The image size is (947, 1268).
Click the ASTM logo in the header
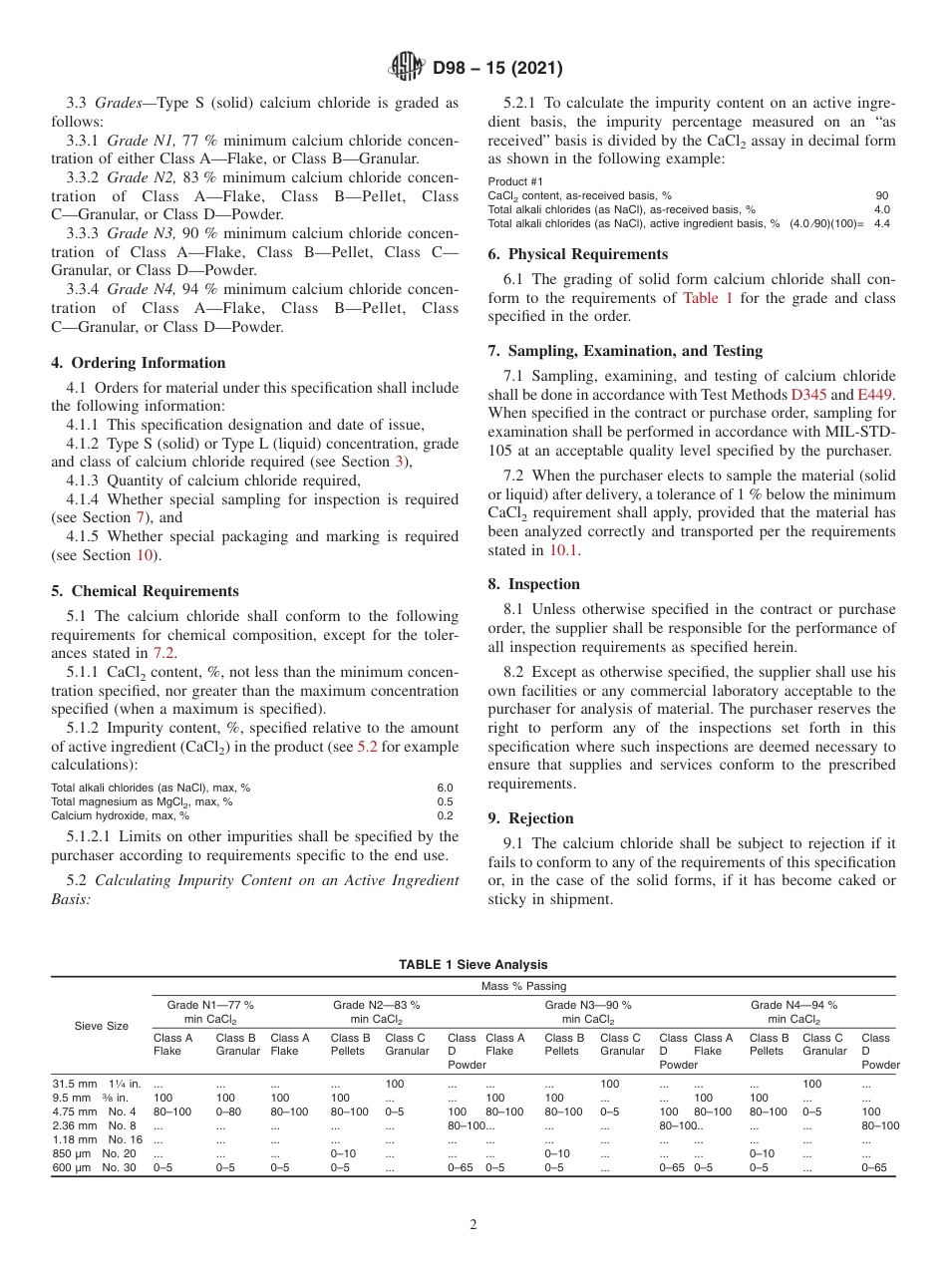tap(406, 69)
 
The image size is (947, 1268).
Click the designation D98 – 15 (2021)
tap(497, 69)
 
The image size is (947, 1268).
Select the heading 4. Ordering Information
tap(139, 363)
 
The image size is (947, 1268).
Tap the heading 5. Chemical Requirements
tap(145, 591)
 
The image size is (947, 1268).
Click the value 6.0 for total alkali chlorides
tap(445, 788)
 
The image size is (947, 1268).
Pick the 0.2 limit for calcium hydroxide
tap(445, 814)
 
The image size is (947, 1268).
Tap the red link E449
tap(876, 394)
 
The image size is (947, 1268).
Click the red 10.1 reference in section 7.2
tap(562, 549)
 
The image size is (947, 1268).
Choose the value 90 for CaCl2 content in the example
tap(882, 196)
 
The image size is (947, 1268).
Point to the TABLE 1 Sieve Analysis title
tap(473, 964)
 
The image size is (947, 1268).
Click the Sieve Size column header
tap(103, 1025)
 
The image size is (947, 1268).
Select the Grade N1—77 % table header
tap(209, 1012)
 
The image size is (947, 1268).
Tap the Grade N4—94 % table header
tap(793, 1012)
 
